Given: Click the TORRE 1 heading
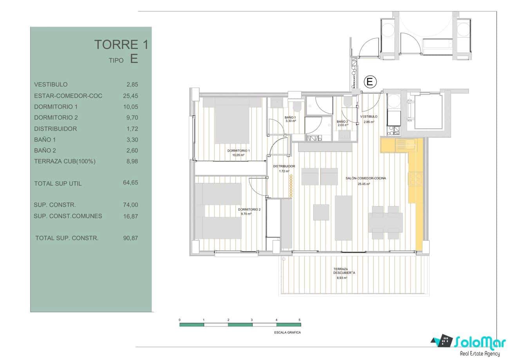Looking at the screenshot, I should [x=121, y=45].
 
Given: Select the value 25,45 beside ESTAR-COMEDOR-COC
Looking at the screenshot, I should [x=130, y=96].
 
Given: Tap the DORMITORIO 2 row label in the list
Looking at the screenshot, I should [x=56, y=118].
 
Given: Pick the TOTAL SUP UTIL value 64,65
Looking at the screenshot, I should [x=130, y=183].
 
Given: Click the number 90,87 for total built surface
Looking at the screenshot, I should [x=130, y=238].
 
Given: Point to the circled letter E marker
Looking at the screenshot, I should [x=370, y=82].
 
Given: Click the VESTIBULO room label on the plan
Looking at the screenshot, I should [x=369, y=117].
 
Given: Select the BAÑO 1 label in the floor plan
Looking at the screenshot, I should [x=290, y=118].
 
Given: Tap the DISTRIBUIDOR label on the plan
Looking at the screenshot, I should [x=284, y=166].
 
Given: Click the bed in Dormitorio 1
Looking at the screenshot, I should [x=232, y=119].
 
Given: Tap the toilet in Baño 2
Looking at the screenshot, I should [x=347, y=103].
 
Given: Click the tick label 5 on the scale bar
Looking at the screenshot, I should [x=300, y=320].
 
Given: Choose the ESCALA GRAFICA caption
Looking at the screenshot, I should [x=287, y=333].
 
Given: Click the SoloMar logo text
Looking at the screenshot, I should [x=478, y=342].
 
